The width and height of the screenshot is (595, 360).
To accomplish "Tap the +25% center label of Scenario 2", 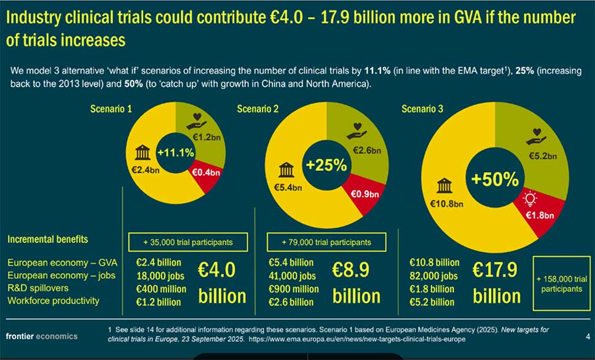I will tap(326, 166).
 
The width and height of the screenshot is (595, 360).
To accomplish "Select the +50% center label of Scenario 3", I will tap(495, 179).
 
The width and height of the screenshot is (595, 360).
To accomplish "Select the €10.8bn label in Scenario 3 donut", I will tap(446, 203).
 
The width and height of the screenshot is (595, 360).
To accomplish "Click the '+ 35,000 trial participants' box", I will tap(187, 242).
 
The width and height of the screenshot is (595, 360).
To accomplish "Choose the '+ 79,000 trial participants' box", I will tap(326, 242).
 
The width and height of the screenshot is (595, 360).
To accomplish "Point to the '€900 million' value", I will tap(294, 289).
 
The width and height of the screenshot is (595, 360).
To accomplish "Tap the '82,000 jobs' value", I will tap(433, 276).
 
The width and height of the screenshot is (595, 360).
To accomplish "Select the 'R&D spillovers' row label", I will tap(38, 288).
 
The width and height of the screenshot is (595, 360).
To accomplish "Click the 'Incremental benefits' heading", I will tap(47, 239).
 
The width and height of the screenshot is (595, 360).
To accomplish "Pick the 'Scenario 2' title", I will tap(258, 109).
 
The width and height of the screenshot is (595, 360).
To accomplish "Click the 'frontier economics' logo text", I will tap(42, 336).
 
